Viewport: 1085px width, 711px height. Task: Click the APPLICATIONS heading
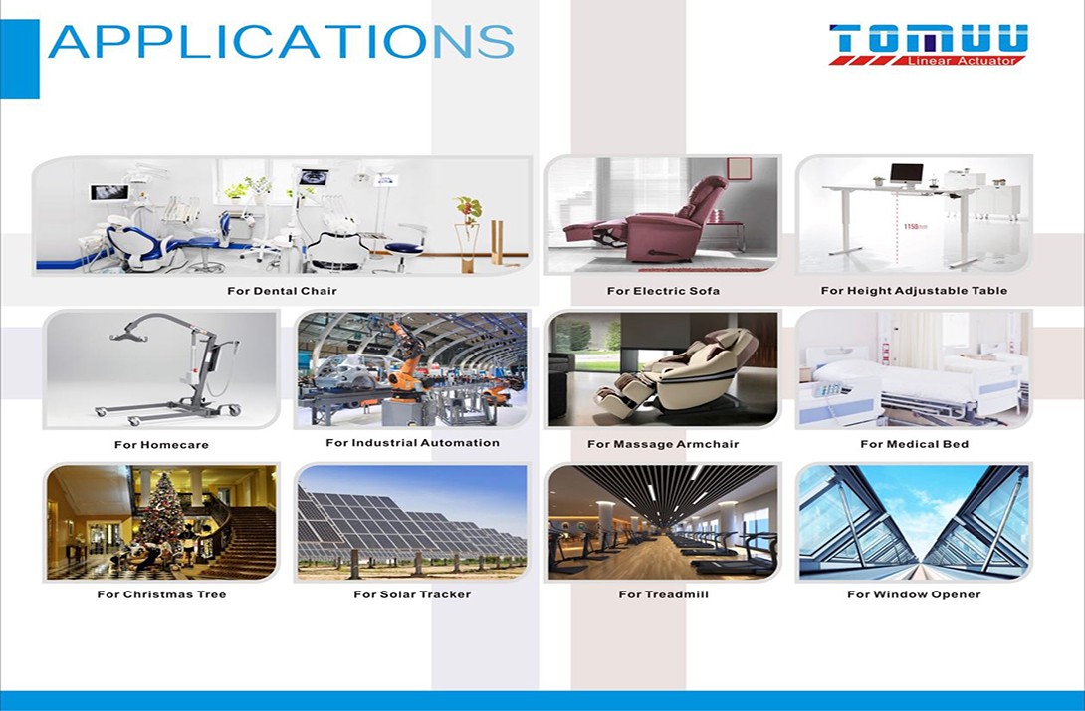[x=281, y=41]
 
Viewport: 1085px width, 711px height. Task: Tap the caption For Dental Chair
[x=282, y=291]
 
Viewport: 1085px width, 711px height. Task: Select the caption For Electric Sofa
[x=663, y=291]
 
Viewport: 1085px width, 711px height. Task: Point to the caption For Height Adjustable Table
[x=914, y=291]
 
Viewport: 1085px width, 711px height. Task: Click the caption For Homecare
[x=161, y=445]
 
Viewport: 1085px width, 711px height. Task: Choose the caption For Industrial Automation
[x=412, y=443]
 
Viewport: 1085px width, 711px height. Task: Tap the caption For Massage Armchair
[x=663, y=444]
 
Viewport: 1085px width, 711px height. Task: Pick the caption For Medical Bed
[x=914, y=444]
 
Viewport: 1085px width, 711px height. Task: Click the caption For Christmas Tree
[x=161, y=594]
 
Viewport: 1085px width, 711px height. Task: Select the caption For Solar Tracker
[x=412, y=594]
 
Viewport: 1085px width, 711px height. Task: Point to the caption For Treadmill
[x=663, y=594]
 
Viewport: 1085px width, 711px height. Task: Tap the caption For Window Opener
[x=914, y=594]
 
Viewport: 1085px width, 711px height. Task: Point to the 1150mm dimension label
[x=916, y=226]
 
